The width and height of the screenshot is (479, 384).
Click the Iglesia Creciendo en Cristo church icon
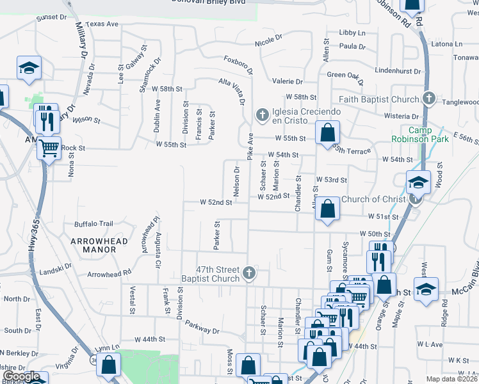[x=261, y=115]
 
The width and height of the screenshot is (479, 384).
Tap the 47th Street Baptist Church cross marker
[x=250, y=274]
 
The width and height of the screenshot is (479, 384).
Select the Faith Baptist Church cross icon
[x=429, y=99]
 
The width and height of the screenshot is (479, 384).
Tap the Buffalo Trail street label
[x=93, y=224]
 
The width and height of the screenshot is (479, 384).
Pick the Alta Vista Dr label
[x=233, y=91]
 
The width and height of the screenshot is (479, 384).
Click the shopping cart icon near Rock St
[x=49, y=148]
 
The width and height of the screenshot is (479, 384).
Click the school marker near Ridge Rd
[x=426, y=289]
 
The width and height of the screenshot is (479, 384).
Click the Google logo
[x=20, y=377]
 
